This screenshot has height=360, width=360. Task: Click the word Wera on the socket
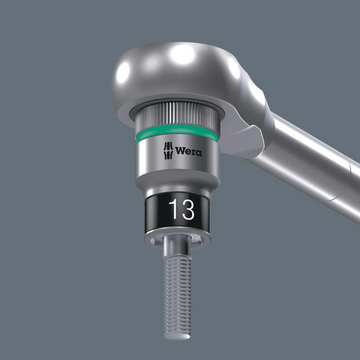189,151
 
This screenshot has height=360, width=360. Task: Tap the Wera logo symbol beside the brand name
168,150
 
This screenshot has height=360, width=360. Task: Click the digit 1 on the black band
174,210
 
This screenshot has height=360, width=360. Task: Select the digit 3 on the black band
188,210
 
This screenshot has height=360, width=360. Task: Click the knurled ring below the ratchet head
178,113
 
